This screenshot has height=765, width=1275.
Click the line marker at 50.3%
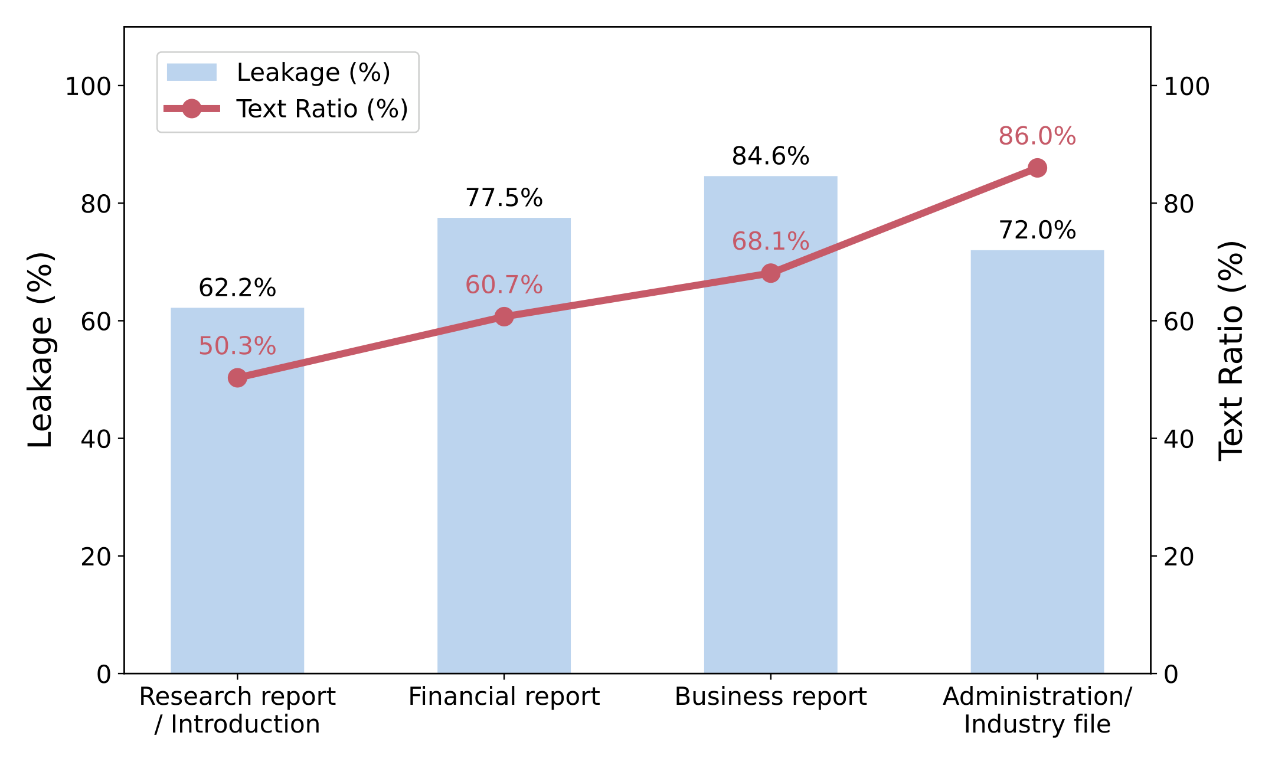click(237, 378)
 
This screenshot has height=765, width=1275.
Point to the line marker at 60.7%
click(504, 317)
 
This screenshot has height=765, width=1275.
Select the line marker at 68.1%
click(770, 273)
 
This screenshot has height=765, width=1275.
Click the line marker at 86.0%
click(1037, 168)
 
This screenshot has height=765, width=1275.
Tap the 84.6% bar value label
click(770, 156)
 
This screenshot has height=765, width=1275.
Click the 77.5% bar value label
click(504, 198)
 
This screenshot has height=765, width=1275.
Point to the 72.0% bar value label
click(1037, 230)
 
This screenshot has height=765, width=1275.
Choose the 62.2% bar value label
click(237, 288)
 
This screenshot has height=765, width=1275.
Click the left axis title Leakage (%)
click(41, 349)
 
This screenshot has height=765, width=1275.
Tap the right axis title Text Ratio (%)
click(1231, 349)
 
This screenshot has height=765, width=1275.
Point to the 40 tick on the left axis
click(96, 439)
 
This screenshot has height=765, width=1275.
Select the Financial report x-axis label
click(504, 697)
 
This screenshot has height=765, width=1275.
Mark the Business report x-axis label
click(770, 697)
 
